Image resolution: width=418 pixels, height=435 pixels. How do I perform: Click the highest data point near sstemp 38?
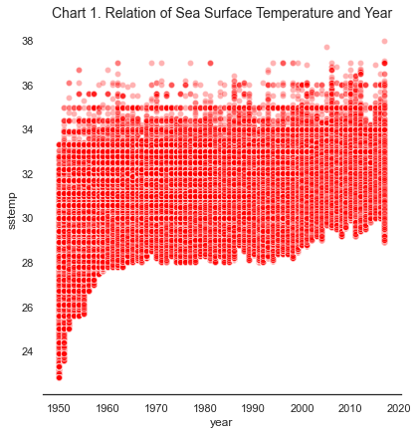[x=385, y=41]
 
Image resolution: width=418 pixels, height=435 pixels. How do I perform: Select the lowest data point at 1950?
[x=59, y=377]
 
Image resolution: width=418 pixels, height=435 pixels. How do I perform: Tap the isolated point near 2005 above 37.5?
[x=326, y=47]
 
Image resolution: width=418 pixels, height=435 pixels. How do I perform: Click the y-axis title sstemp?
[x=11, y=211]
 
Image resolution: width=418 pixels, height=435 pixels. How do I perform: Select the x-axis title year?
[x=221, y=423]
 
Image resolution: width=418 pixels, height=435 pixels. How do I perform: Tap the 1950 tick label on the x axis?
[x=59, y=408]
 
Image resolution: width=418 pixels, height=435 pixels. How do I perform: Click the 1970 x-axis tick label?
[x=156, y=408]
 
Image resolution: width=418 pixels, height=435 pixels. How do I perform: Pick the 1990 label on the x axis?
[x=253, y=408]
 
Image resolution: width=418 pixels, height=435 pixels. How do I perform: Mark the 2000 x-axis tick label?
[x=302, y=408]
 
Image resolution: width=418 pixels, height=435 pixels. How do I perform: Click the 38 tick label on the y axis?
[x=28, y=42]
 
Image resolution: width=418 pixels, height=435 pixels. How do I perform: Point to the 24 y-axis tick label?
[x=28, y=351]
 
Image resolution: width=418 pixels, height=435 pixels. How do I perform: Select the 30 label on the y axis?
[x=28, y=219]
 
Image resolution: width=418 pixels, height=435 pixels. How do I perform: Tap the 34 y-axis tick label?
[x=28, y=130]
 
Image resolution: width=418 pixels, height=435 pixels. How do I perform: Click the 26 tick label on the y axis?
[x=28, y=308]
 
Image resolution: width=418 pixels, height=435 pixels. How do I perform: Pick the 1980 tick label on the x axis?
[x=205, y=408]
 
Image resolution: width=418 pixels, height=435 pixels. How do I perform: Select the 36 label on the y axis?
[x=28, y=86]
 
